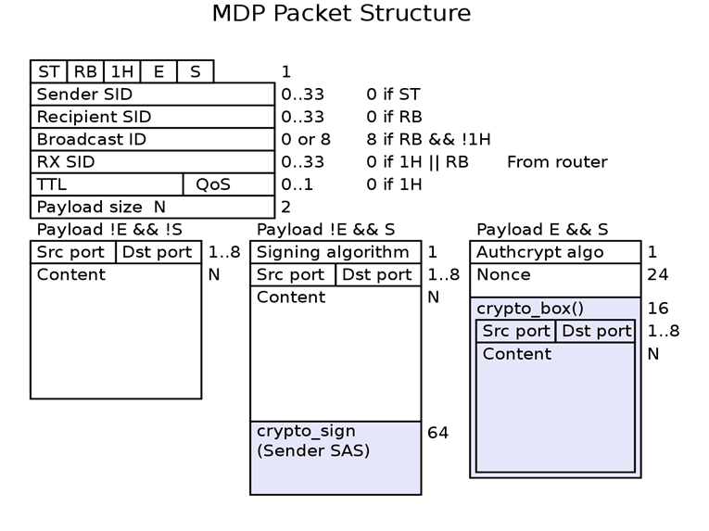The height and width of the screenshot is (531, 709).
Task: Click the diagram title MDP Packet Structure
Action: coord(341,14)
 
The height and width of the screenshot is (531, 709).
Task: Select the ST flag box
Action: coord(48,71)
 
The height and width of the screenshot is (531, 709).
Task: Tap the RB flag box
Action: coord(85,71)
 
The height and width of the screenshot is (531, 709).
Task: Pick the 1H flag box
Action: coord(121,71)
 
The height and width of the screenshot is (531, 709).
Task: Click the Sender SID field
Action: coord(152,94)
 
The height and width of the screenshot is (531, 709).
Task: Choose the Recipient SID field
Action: coord(152,117)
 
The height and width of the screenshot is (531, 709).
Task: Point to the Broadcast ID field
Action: coord(152,139)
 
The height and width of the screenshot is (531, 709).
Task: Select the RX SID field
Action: coord(152,162)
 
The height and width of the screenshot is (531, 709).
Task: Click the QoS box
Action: coord(228,184)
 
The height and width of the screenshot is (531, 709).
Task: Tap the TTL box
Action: coord(107,184)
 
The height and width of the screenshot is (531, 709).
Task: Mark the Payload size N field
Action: coord(152,207)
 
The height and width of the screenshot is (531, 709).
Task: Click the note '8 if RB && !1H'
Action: coord(428,139)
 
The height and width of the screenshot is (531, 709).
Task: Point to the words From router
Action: coord(557,162)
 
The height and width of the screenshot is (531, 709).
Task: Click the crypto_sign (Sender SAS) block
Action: coord(335,458)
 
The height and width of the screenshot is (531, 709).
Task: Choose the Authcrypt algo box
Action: coord(554,252)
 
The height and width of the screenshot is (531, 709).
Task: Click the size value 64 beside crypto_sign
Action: coord(437,433)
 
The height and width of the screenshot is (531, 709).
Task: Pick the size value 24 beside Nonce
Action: coord(658,275)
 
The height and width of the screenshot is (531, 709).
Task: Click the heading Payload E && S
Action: coord(542,230)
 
